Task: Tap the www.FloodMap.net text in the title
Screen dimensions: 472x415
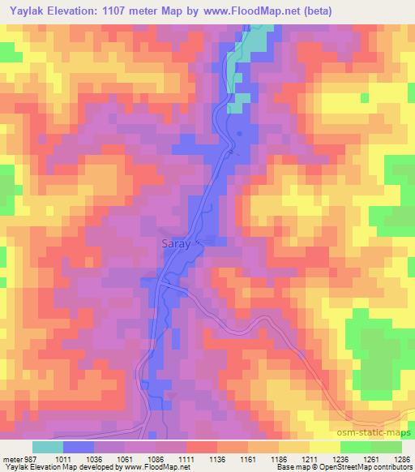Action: point(250,10)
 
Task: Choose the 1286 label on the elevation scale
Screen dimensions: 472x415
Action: point(401,457)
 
